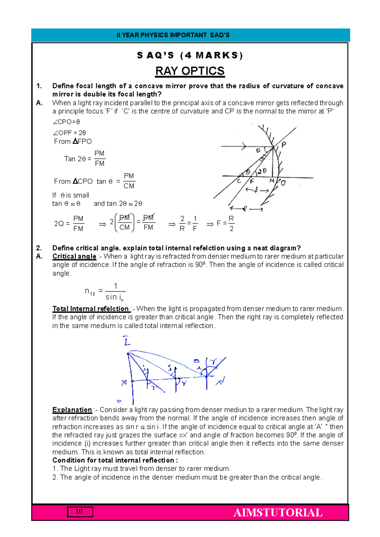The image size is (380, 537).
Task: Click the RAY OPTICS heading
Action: pos(190,71)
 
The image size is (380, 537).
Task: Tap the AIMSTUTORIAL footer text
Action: pos(278,512)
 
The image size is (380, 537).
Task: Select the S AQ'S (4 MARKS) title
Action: pos(190,55)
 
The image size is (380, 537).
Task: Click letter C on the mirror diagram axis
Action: pos(239,181)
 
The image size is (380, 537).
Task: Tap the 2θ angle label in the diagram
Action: pos(262,171)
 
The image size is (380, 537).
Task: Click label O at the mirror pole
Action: pos(283,183)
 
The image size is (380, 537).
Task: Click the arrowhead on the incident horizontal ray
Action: pos(244,146)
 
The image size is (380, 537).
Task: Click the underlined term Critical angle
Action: pos(74,256)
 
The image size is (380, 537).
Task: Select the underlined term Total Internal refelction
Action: pos(91,309)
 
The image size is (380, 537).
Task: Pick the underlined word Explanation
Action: pos(72,410)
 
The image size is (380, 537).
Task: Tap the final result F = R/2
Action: pos(225,224)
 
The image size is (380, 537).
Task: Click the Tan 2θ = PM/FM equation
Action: pos(85,159)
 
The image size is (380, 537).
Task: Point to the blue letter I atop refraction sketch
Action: pos(126,341)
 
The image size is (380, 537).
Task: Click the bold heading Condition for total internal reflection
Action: pos(115,460)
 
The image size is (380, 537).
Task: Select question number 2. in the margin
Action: pos(39,248)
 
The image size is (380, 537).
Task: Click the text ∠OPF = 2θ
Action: pos(69,133)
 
